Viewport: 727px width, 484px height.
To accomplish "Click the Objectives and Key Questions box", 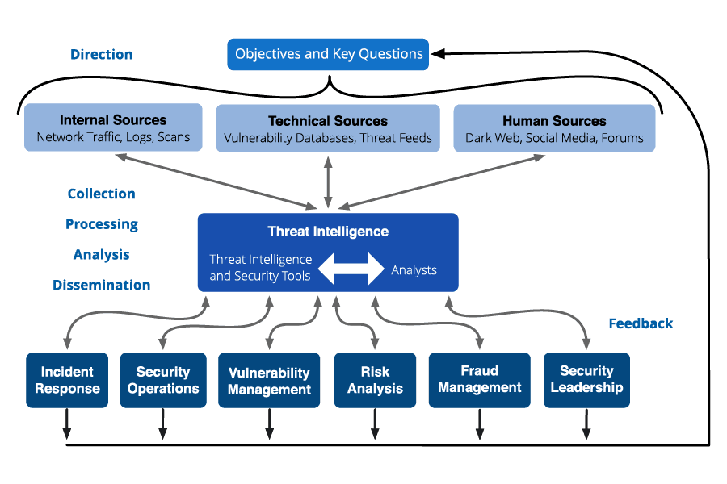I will (x=328, y=55).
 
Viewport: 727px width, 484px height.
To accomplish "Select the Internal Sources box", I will (x=113, y=128).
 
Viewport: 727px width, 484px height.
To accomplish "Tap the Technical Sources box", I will (x=328, y=128).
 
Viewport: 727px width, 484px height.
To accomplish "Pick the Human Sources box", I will (x=554, y=128).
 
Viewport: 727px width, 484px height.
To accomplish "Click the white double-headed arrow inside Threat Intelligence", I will (x=351, y=269).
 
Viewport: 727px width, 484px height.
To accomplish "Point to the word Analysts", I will (x=414, y=270).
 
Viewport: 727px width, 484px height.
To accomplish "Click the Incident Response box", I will (x=67, y=380).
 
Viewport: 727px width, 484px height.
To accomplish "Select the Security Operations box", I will (x=163, y=380).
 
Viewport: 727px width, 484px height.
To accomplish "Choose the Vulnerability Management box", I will (x=269, y=381).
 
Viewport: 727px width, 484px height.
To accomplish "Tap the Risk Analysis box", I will (x=375, y=380).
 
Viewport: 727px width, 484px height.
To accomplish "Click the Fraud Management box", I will (x=480, y=379).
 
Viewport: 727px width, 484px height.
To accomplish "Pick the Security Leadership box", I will (x=586, y=379).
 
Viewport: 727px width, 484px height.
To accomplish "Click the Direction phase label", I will (x=102, y=55).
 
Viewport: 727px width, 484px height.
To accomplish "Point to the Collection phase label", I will (x=102, y=194).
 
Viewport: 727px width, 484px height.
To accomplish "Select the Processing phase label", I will (x=102, y=224).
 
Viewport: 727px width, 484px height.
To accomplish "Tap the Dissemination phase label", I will (x=102, y=285).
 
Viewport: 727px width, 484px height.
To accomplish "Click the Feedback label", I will (x=641, y=323).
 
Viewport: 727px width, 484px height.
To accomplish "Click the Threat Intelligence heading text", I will (x=328, y=232).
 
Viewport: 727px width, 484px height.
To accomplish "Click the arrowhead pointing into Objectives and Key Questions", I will (x=438, y=54).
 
